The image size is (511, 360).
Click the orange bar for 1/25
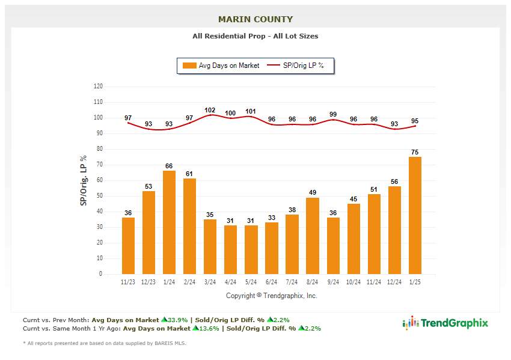[415, 215]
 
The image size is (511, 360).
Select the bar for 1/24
[170, 222]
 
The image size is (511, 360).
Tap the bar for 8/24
[313, 236]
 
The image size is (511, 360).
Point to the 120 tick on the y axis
[98, 87]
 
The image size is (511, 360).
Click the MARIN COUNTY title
[255, 19]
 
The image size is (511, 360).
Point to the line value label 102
[210, 110]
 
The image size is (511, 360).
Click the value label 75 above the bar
[415, 152]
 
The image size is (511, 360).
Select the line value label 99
[333, 114]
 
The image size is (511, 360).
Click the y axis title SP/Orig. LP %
[84, 180]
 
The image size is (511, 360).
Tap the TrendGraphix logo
[445, 323]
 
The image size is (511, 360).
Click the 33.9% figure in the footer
[177, 320]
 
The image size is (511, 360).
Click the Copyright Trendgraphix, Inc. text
[272, 296]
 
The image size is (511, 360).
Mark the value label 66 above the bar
[170, 166]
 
